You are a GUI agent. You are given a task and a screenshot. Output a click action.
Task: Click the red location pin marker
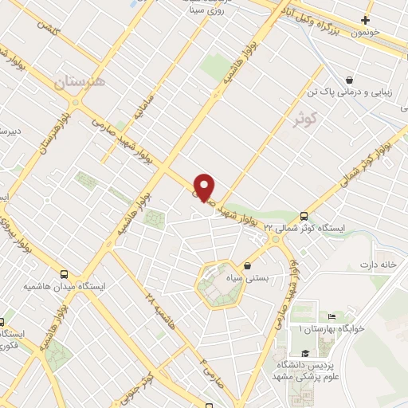coord(205,186)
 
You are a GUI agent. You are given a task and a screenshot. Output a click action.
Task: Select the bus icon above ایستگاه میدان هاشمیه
coord(65,273)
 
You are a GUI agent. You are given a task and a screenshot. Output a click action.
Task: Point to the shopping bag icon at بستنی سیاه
coord(247,266)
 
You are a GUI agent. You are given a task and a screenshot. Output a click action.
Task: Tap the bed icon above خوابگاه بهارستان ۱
coord(331,316)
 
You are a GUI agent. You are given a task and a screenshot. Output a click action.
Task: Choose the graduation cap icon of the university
coord(304,353)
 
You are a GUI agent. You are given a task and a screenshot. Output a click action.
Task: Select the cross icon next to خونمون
coord(365,20)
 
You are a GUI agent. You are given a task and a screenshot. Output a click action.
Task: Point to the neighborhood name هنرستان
coord(76,81)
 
